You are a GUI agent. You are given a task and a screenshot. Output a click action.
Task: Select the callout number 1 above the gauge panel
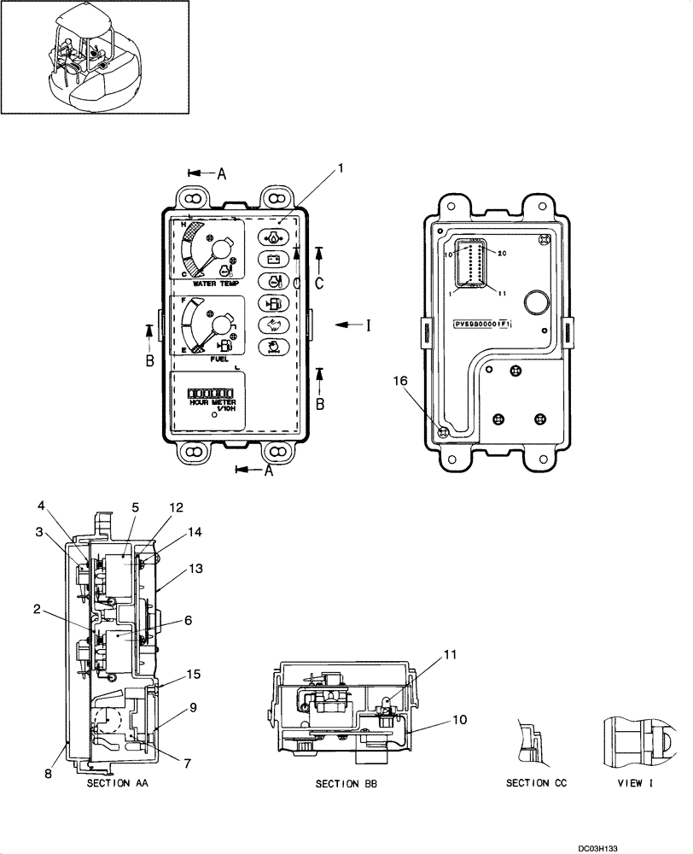(341, 169)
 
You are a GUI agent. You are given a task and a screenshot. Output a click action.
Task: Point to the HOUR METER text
(213, 401)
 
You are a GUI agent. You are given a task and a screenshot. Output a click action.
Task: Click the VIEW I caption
(632, 783)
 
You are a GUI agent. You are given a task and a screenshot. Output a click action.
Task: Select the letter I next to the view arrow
(368, 325)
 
